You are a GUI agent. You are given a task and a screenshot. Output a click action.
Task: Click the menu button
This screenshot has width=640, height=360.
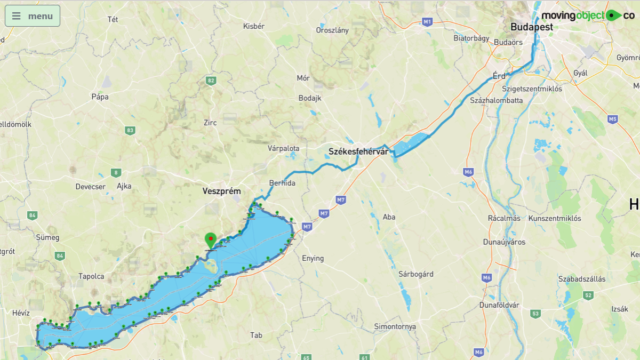(x=33, y=16)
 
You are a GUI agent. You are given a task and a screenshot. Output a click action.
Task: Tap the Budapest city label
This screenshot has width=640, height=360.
(x=531, y=27)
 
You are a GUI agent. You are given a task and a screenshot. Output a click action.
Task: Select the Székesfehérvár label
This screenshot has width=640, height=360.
(x=358, y=151)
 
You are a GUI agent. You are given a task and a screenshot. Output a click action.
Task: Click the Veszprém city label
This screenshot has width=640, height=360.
(x=222, y=191)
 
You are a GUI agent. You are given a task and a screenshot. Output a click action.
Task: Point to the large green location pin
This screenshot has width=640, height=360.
(x=211, y=240)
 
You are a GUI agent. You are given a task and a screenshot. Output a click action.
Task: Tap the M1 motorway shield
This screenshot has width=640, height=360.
(x=426, y=22)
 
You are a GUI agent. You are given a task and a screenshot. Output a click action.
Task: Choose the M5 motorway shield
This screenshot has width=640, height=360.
(x=612, y=119)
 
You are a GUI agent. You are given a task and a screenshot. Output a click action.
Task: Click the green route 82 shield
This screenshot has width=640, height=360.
(x=211, y=81)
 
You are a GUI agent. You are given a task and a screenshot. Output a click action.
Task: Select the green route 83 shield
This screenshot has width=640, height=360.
(x=130, y=130)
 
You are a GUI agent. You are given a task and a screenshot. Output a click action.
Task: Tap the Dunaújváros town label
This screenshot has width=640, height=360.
(x=504, y=242)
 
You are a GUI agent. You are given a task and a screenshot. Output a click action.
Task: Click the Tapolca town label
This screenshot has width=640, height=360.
(x=91, y=276)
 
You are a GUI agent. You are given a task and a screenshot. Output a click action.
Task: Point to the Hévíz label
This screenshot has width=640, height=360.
(x=21, y=313)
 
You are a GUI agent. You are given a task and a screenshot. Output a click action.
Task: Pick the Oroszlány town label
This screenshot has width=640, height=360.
(x=332, y=30)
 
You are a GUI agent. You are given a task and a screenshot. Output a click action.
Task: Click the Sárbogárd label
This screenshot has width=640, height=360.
(x=416, y=274)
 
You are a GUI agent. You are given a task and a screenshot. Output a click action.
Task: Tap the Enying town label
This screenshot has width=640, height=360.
(x=313, y=258)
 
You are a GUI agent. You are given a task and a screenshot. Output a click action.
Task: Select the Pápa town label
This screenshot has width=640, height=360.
(x=100, y=97)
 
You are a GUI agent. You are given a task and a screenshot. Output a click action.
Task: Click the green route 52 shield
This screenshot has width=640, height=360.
(x=588, y=295)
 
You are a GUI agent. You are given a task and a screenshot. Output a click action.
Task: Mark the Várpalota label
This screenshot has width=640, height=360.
(x=283, y=148)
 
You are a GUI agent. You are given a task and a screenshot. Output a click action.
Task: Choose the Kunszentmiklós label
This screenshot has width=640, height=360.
(x=555, y=218)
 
